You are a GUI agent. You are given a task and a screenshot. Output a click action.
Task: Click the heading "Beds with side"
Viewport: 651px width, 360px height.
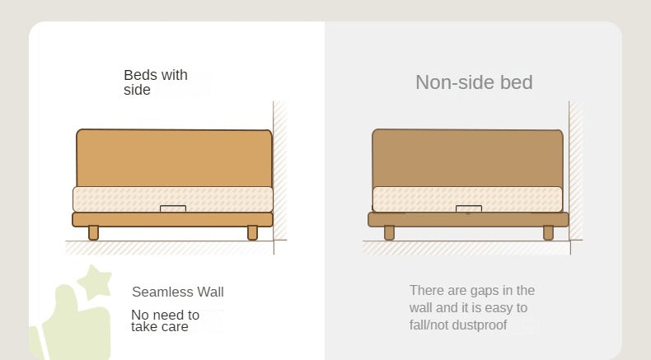click(156, 82)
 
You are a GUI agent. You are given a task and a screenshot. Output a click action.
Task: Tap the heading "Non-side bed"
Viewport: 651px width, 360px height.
click(474, 82)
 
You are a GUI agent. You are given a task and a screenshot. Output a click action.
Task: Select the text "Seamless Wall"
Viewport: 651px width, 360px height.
click(178, 292)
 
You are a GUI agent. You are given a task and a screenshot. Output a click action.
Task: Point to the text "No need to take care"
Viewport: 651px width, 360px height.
click(166, 320)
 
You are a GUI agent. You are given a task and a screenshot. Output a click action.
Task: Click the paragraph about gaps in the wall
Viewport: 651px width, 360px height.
click(472, 307)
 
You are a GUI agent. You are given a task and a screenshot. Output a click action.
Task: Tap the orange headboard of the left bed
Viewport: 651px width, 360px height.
click(174, 158)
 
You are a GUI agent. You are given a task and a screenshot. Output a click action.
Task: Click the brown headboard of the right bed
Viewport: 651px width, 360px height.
click(467, 158)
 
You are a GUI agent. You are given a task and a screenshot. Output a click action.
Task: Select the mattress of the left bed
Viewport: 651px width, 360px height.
click(173, 199)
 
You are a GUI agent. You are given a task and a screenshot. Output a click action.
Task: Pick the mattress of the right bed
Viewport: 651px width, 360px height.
click(467, 199)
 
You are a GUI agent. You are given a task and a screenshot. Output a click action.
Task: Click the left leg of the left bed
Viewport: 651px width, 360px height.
click(93, 232)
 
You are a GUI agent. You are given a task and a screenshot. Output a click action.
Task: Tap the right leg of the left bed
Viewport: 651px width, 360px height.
click(252, 232)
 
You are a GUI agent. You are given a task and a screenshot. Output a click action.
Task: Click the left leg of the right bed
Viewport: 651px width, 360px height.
click(389, 232)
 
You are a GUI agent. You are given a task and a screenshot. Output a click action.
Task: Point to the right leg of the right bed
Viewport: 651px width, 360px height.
click(549, 232)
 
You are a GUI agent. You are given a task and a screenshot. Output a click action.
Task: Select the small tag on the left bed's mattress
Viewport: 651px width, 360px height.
click(173, 208)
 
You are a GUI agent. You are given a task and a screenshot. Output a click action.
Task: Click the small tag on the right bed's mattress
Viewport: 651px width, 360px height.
click(469, 208)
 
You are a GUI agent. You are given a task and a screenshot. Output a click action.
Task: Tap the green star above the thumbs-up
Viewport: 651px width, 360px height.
click(95, 282)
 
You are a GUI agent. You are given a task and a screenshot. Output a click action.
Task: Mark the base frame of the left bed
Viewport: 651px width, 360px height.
click(173, 219)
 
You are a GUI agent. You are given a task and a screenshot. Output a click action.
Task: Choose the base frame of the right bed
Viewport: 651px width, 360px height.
click(468, 219)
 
